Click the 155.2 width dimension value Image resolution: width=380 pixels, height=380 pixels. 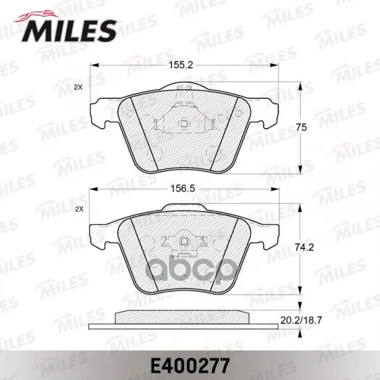click(x=180, y=65)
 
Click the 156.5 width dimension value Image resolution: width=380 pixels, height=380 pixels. click(x=183, y=189)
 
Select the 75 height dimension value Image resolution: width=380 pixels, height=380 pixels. click(x=301, y=127)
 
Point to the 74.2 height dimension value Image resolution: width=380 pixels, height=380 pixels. click(x=305, y=247)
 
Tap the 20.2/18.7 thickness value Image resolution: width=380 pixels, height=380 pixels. click(x=301, y=320)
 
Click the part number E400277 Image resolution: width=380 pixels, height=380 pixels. click(x=190, y=366)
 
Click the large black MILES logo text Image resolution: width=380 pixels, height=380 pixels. click(x=69, y=31)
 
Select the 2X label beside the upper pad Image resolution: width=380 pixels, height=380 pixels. click(x=78, y=87)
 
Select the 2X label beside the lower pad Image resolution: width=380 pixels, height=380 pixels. click(x=79, y=209)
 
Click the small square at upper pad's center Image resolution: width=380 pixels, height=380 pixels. click(x=184, y=124)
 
